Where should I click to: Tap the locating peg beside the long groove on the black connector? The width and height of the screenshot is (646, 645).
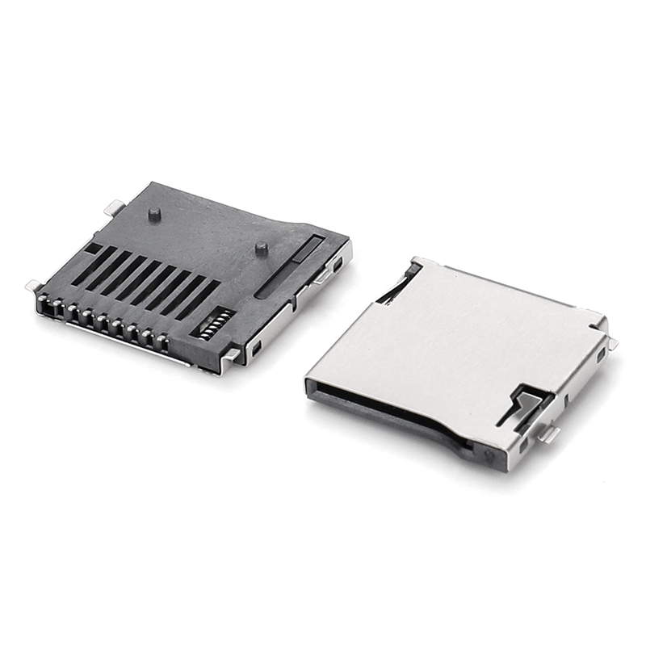tap(261, 249)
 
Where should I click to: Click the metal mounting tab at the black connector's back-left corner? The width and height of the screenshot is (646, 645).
tap(115, 207)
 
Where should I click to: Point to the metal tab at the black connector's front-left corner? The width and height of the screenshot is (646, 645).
tap(34, 285)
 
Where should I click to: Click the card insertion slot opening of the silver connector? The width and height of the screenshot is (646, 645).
tap(380, 408)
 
